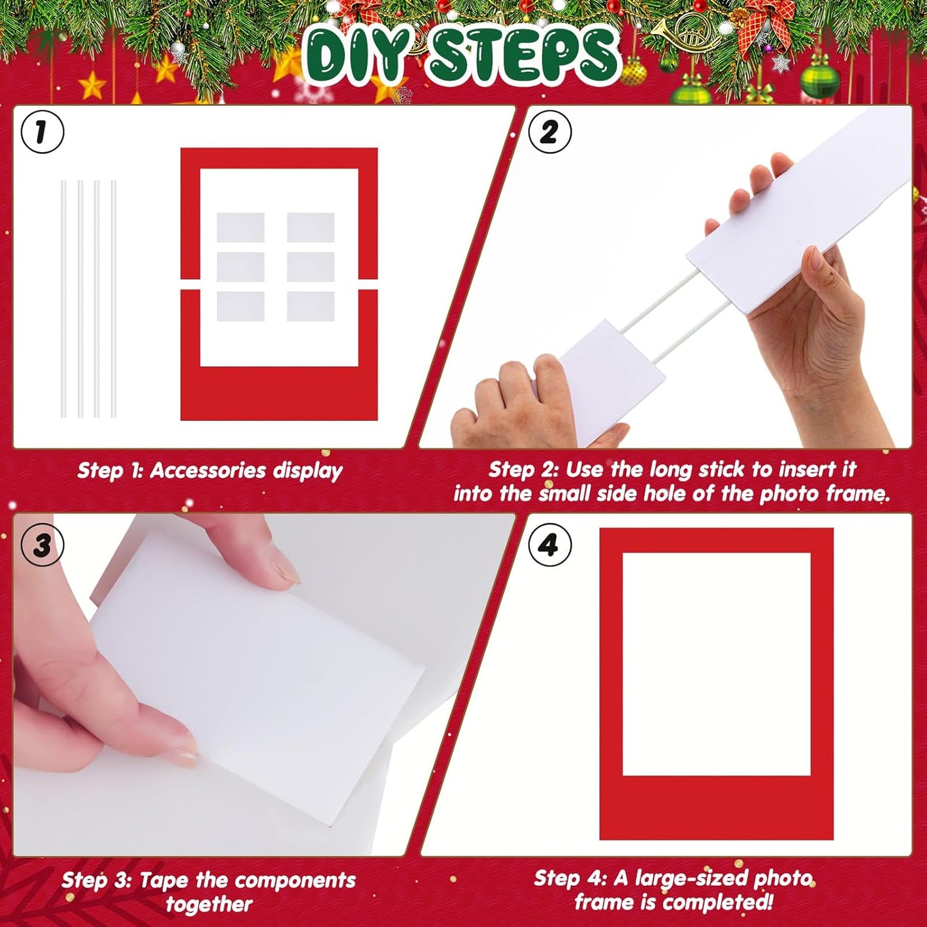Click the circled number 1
42,132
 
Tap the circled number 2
550,132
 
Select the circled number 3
42,545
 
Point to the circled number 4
550,545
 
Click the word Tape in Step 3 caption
166,880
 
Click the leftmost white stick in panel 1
64,299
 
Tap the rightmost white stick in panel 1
114,299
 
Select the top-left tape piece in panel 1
241,228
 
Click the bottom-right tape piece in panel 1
311,307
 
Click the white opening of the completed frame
717,664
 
